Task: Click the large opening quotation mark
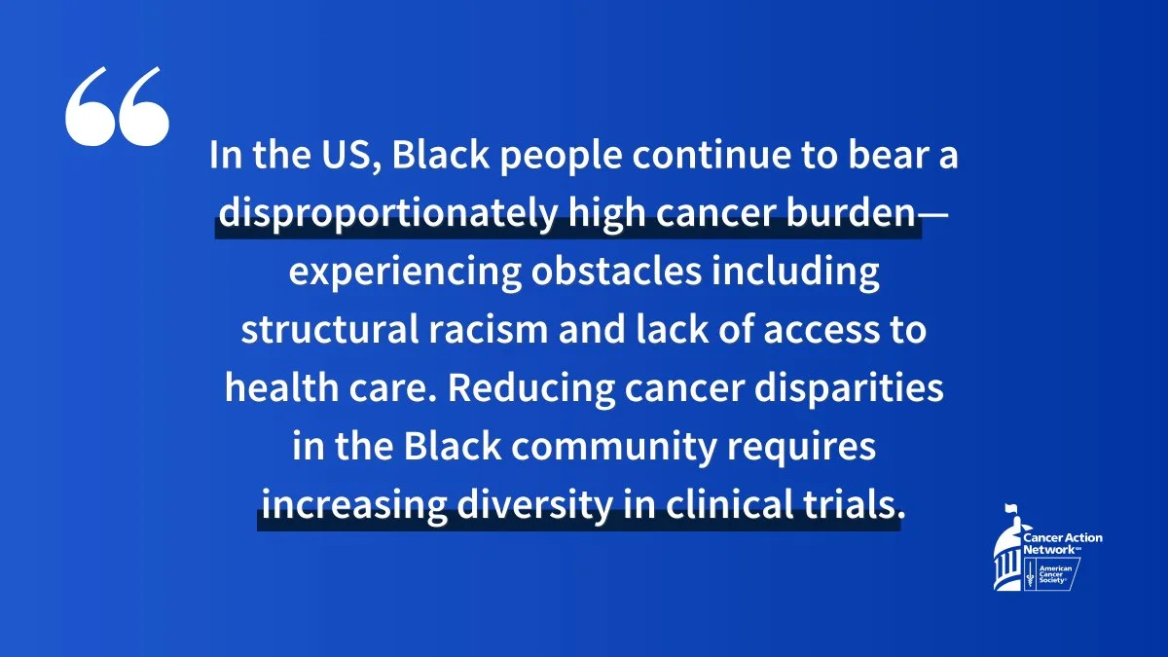coord(118,106)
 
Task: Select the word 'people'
coord(561,158)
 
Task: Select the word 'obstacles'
coord(616,272)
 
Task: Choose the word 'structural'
coord(330,330)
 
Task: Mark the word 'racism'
coord(488,330)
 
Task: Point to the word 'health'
coord(281,388)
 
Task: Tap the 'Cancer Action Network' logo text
coord(1062,543)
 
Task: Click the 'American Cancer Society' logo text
coord(1055,574)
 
